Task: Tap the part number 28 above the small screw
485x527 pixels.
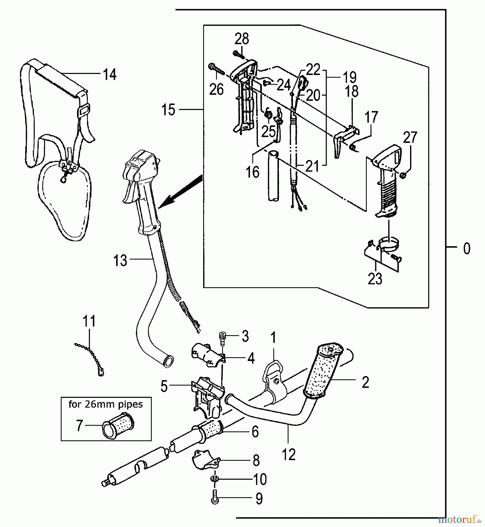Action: click(242, 39)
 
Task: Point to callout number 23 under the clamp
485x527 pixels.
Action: click(375, 279)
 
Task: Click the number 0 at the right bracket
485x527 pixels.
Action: click(467, 249)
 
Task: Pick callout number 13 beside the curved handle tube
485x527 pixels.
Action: click(120, 260)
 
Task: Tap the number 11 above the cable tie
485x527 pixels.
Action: click(89, 321)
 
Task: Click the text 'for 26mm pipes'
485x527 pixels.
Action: click(106, 404)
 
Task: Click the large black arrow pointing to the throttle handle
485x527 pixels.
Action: click(181, 190)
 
